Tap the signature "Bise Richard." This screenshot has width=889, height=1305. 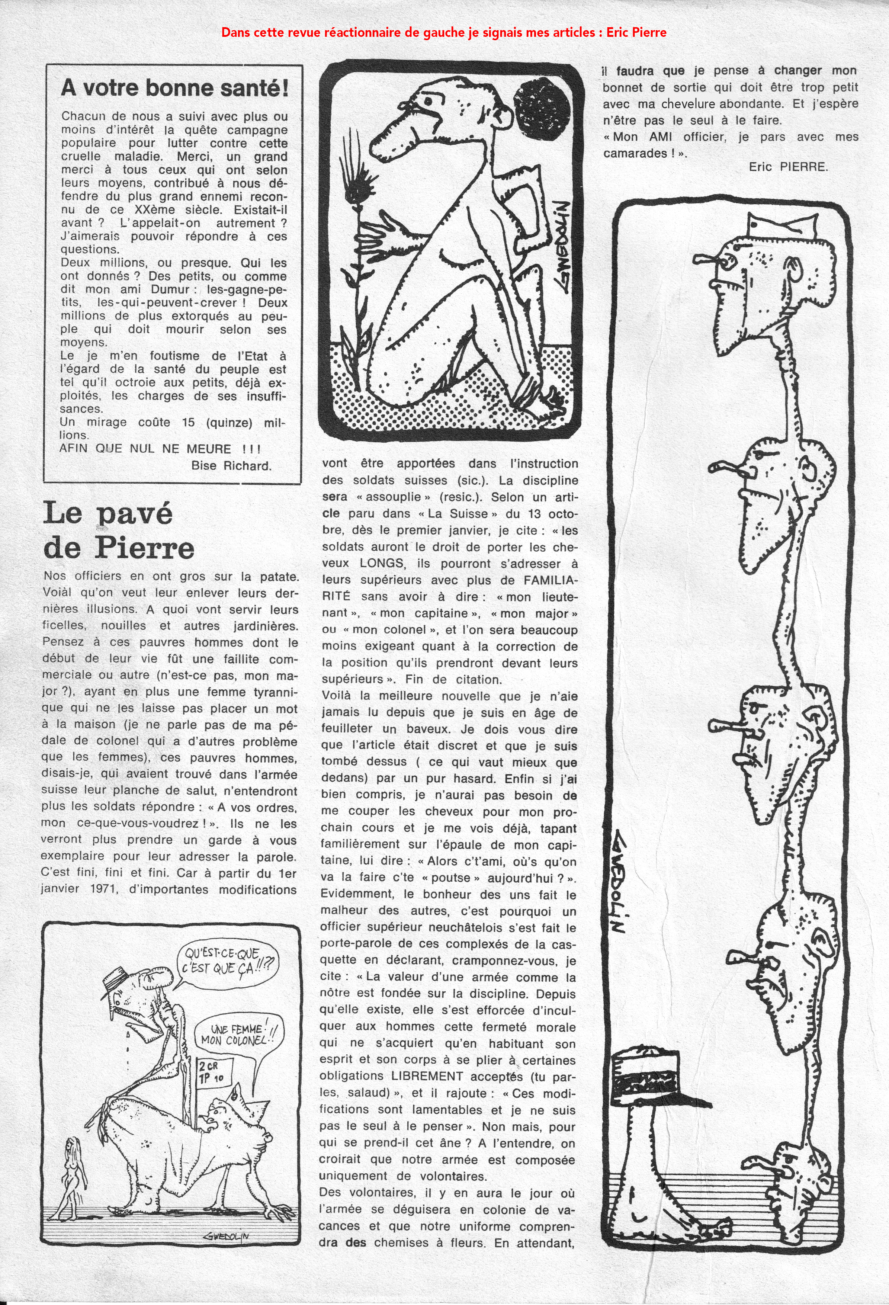point(231,465)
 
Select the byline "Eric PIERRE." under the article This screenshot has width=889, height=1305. point(788,167)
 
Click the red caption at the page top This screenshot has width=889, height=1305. point(444,33)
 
